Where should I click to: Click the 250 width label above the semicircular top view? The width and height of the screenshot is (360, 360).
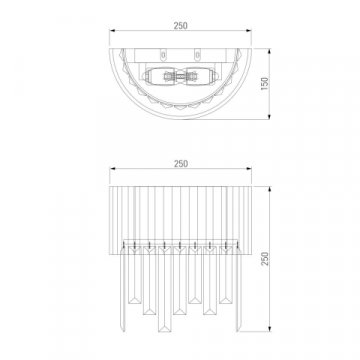pos(180,26)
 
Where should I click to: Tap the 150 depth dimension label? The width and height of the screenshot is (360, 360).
pos(264,84)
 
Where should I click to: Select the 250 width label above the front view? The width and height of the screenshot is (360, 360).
pos(180,164)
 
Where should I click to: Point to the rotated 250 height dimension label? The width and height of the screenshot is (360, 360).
pos(264,259)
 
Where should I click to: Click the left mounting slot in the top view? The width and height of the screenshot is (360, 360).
pos(163,55)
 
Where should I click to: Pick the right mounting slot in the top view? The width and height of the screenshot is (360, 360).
pos(198,55)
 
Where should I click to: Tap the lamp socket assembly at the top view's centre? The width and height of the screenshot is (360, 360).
pos(181,77)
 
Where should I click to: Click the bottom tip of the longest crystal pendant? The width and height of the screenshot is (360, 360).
pos(165,332)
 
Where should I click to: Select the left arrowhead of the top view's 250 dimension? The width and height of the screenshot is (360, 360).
pos(112,31)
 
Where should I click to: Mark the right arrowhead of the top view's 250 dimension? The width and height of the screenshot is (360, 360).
pos(249,31)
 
